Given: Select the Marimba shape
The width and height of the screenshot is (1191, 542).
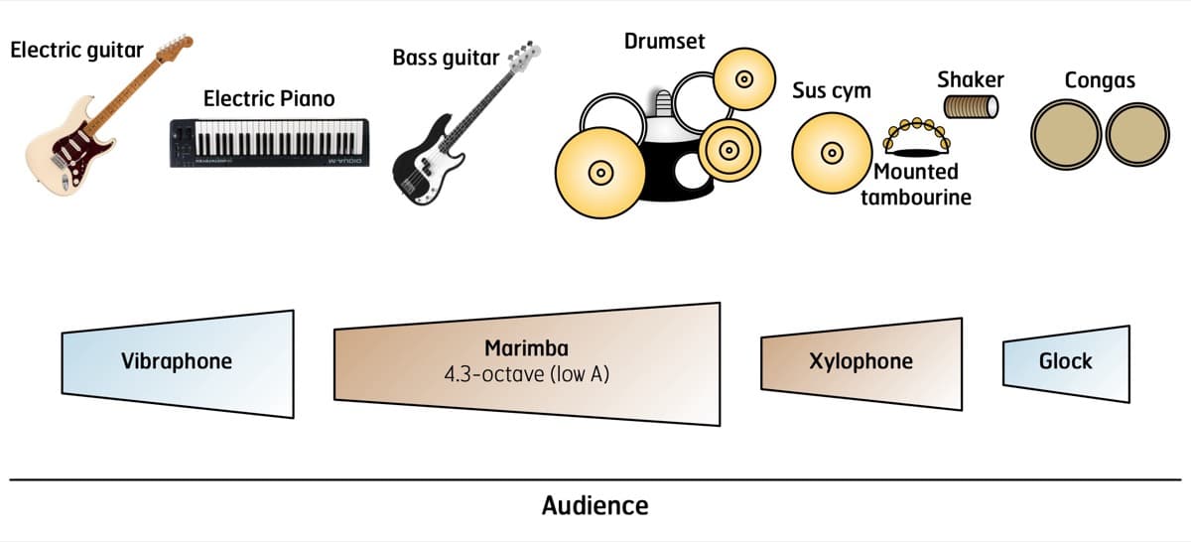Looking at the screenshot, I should tap(526, 363).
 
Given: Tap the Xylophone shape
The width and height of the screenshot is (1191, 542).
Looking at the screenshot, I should tap(860, 362).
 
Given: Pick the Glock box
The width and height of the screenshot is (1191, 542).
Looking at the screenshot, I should tap(1065, 362).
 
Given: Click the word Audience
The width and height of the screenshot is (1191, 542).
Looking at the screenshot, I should tap(595, 505).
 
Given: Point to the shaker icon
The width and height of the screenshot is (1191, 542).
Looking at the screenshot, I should tap(971, 106).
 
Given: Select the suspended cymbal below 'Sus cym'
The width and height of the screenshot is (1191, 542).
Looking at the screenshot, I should tap(831, 153).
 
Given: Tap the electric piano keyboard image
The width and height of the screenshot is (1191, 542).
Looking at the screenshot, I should tap(269, 142).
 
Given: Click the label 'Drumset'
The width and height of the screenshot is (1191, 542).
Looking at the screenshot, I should tap(664, 42).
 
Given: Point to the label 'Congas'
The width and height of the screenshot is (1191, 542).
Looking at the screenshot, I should tap(1100, 80).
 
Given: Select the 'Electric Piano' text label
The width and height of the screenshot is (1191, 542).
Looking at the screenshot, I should tap(269, 99).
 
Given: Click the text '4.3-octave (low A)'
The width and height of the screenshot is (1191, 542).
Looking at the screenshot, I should tap(526, 375).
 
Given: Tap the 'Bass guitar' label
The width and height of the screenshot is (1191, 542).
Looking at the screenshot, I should tap(446, 58).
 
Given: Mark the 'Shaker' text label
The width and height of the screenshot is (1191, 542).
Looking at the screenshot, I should tap(971, 79).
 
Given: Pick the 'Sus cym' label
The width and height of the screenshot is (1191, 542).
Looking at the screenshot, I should tap(831, 91).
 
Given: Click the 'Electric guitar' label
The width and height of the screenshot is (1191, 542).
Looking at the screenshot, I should tap(77, 49).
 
